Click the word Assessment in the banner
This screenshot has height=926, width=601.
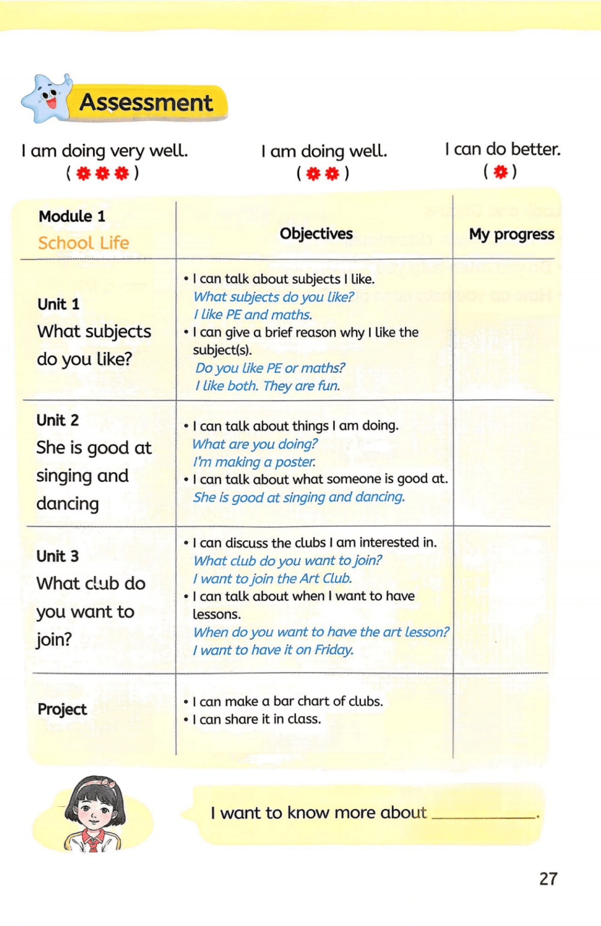pos(146,102)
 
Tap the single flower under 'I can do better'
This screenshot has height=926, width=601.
pos(500,172)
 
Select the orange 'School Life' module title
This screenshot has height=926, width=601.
pos(83,243)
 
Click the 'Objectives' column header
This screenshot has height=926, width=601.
pos(316,234)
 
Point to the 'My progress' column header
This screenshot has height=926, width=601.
pos(511,234)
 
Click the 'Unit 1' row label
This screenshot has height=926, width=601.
pos(59,304)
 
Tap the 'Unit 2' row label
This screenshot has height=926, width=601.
pos(58,420)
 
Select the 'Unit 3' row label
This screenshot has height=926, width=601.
pos(58,556)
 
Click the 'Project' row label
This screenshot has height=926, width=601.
pos(62,710)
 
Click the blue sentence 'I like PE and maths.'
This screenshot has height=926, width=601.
pos(253,314)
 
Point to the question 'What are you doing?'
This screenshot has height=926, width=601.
pos(255,444)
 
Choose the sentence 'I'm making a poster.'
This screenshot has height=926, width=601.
pos(254,462)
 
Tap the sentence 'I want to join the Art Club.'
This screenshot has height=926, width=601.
pos(272,579)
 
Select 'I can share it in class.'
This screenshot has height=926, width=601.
pos(257,719)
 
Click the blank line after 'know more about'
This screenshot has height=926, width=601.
pos(484,815)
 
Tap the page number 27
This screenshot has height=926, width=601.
pos(548,879)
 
